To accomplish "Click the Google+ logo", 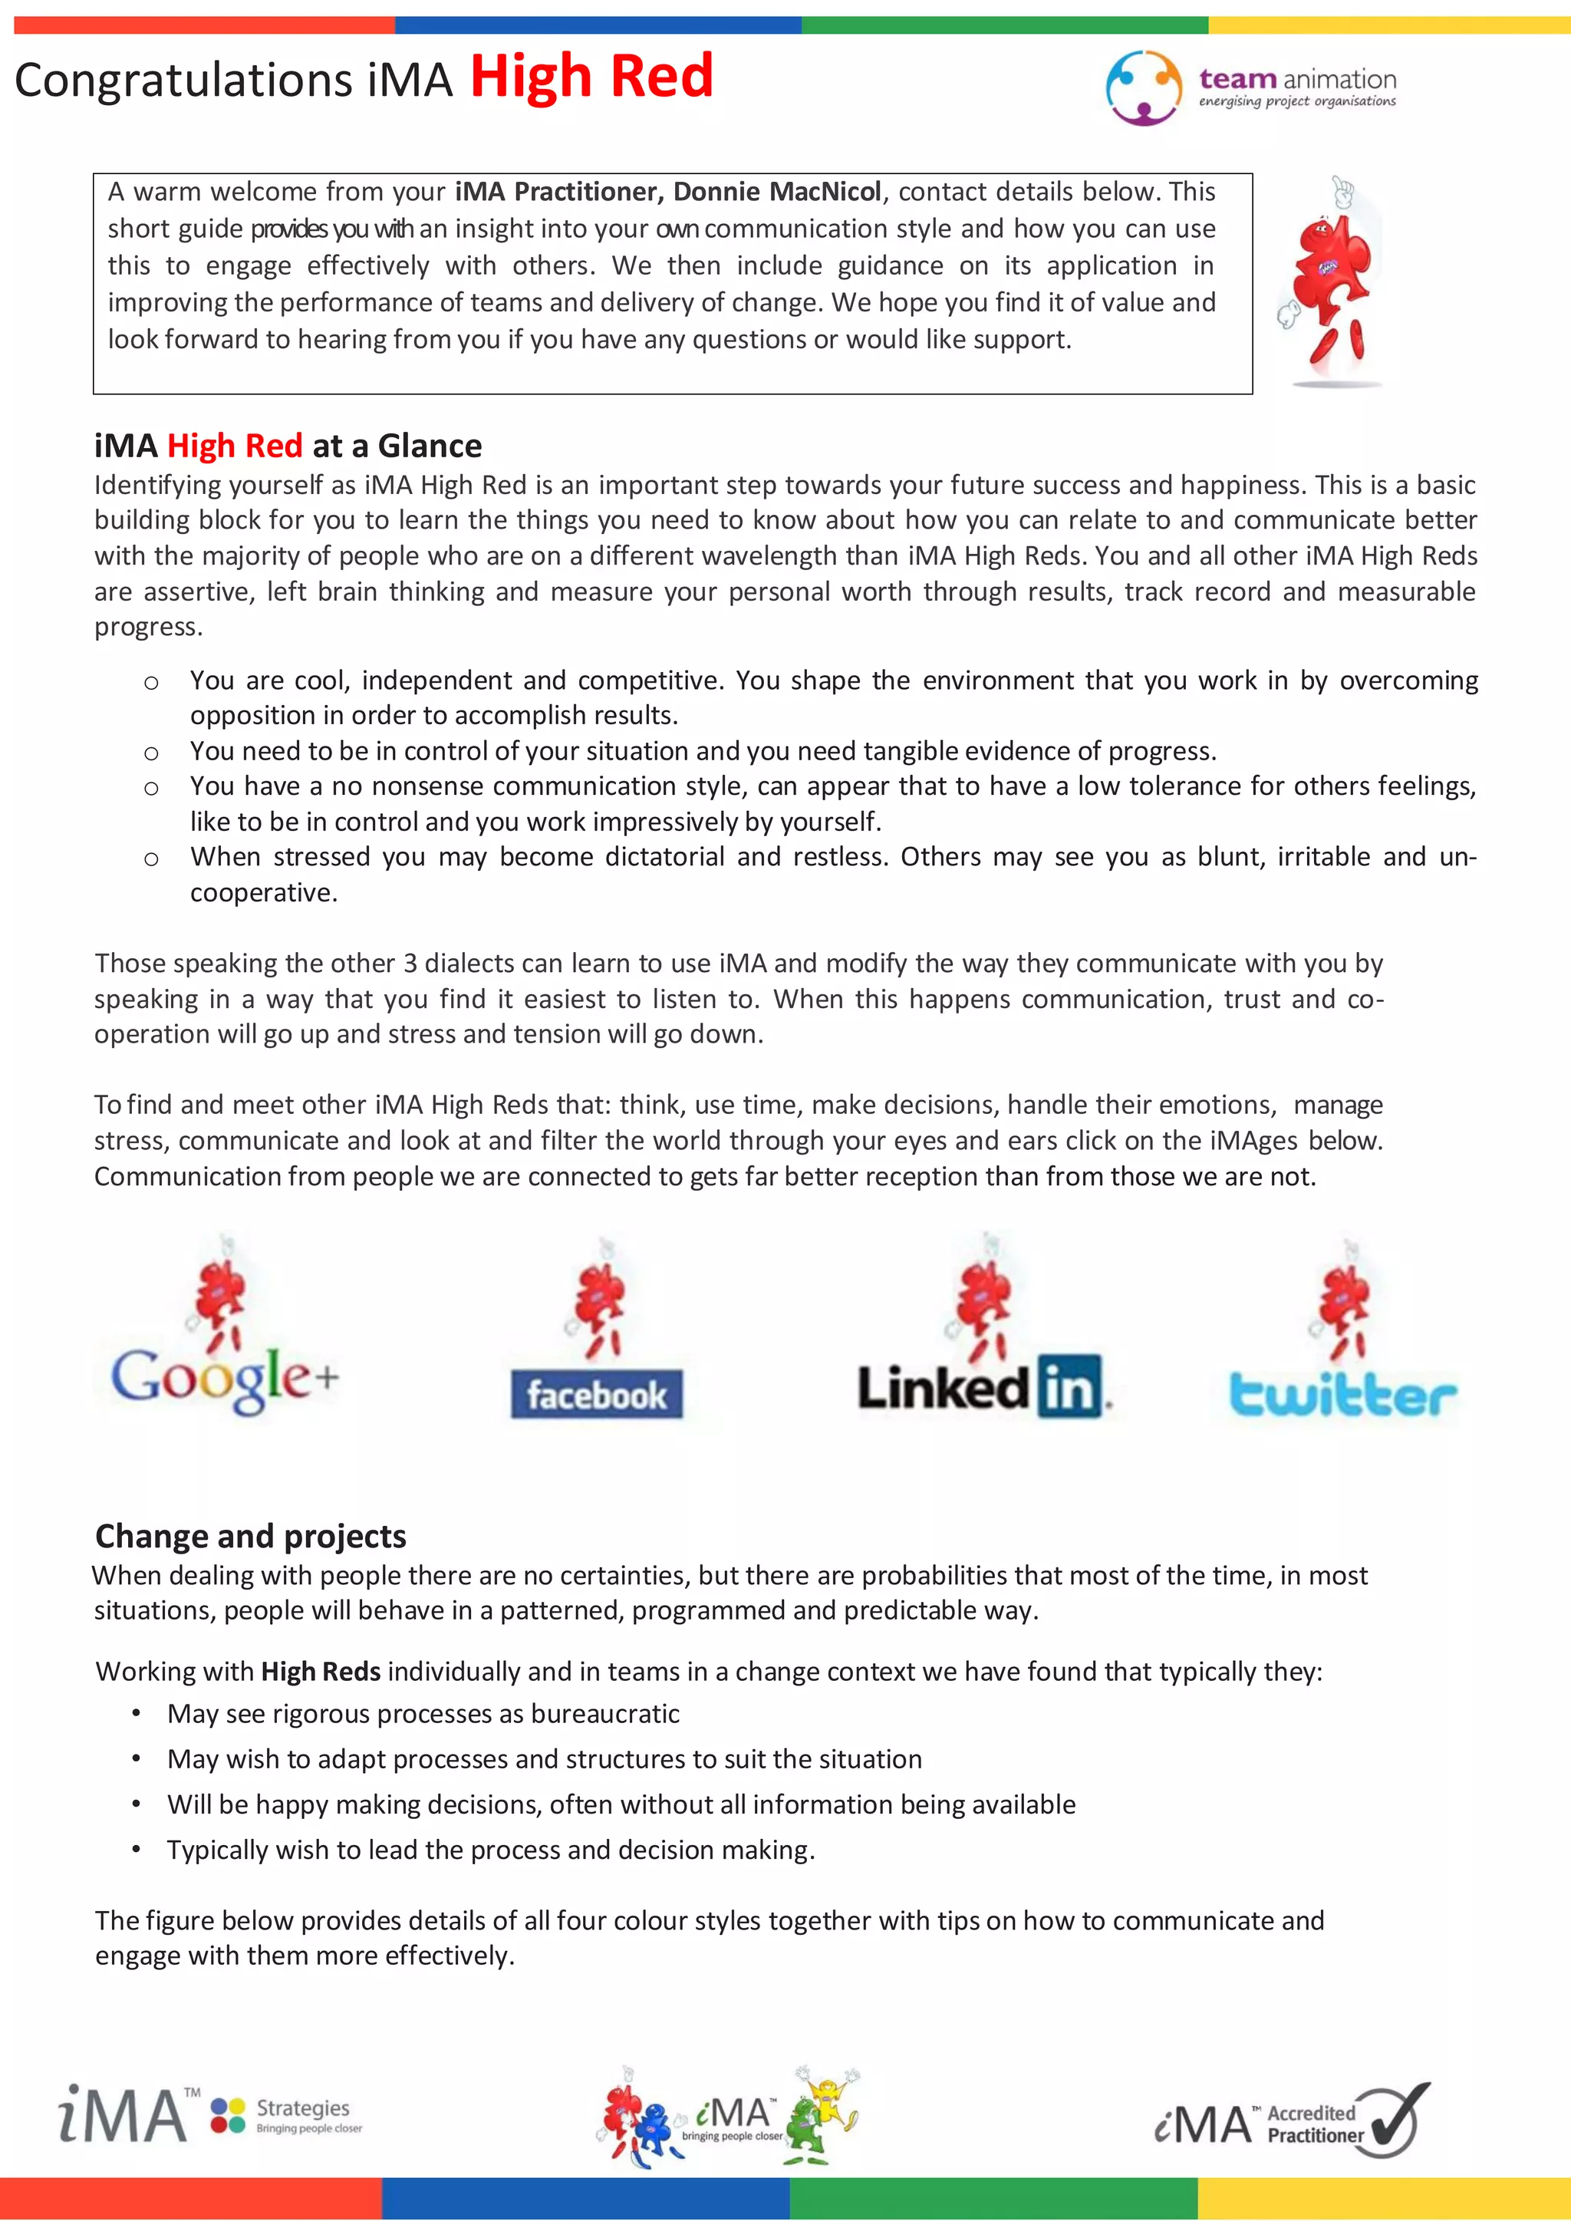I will coord(225,1378).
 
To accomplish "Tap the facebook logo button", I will coord(597,1395).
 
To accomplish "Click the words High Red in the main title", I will coord(591,77).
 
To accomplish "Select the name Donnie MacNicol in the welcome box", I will coord(777,192).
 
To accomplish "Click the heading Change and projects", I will coord(251,1536).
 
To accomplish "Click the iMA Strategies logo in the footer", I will coord(210,2116).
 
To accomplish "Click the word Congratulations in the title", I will coord(184,81).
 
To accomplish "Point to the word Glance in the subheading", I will coord(430,446).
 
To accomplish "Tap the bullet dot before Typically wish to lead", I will coord(137,1850).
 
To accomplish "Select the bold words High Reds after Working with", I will coord(320,1672).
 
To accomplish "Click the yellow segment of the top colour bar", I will coord(1388,25).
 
